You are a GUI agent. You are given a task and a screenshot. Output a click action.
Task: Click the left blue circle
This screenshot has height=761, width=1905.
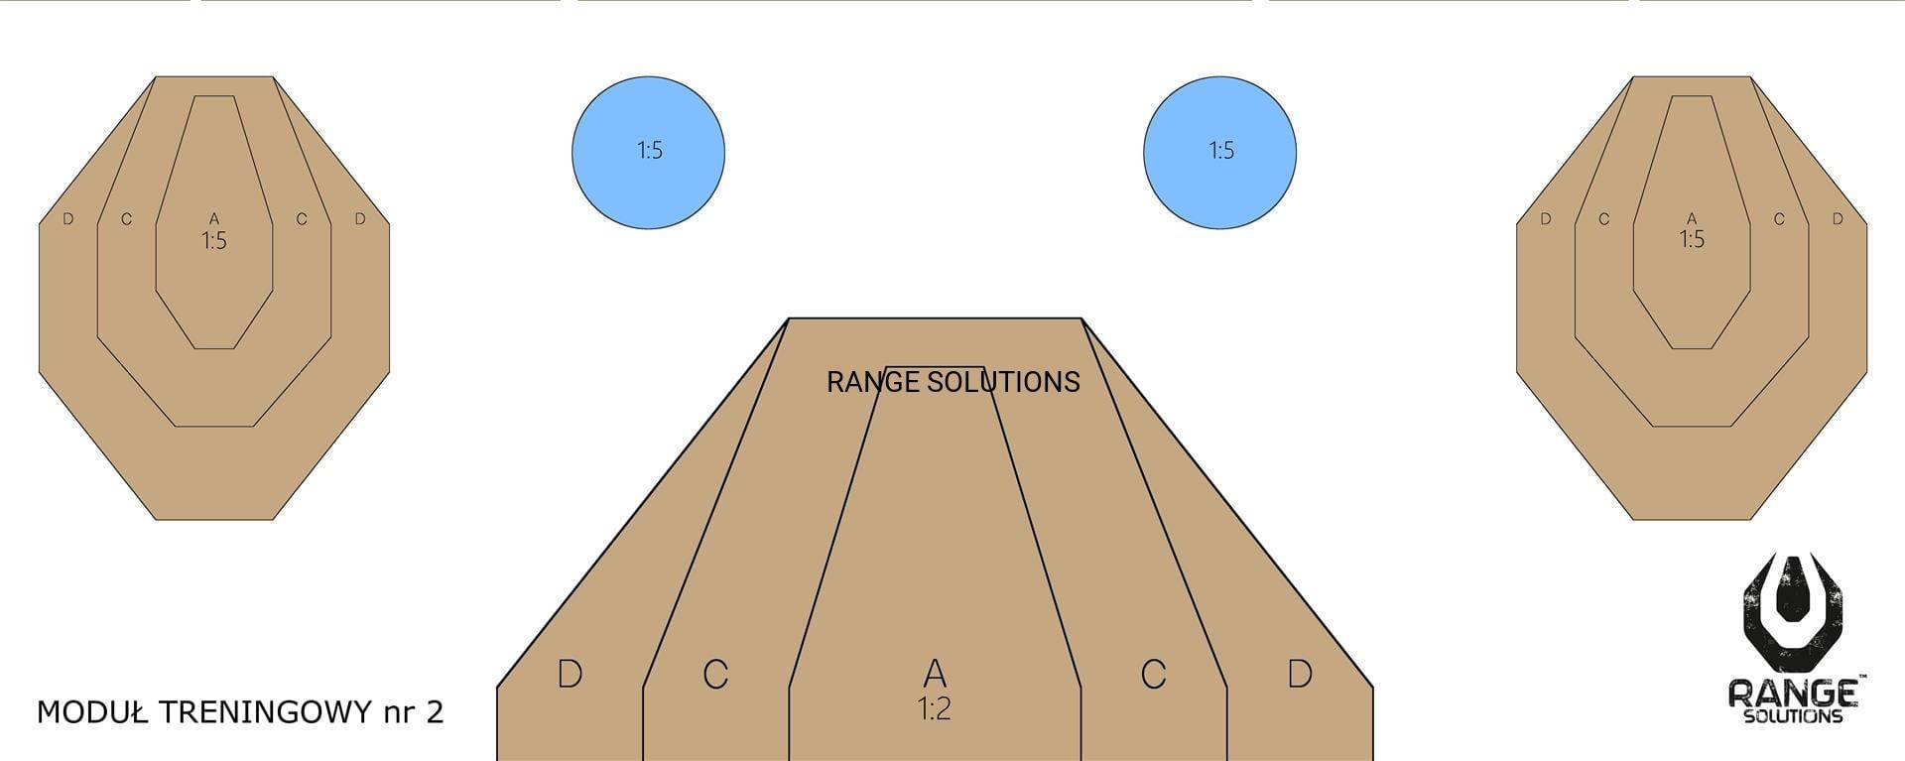pos(648,153)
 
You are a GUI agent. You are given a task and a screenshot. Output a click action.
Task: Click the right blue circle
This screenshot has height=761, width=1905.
pos(1219,153)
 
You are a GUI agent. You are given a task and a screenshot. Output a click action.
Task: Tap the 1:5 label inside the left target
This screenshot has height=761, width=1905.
pos(214,240)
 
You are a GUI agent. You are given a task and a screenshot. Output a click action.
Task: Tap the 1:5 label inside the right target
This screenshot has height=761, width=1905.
pos(1692,239)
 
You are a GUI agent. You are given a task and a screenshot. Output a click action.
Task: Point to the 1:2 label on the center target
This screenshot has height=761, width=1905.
pos(935,708)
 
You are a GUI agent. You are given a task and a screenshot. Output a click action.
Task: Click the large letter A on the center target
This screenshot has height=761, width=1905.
pos(935,674)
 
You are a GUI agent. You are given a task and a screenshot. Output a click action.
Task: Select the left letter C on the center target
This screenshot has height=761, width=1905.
pos(715,675)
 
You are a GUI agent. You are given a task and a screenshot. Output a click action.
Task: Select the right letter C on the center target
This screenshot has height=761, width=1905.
pos(1153,675)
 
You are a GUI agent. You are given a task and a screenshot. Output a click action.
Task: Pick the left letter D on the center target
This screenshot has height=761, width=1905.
pos(570,674)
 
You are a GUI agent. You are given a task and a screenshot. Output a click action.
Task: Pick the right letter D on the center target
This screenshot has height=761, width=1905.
pos(1300,674)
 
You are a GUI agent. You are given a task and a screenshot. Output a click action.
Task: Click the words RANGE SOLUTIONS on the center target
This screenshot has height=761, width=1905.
pos(952,382)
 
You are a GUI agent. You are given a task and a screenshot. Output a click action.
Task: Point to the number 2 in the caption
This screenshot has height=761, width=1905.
pos(435,711)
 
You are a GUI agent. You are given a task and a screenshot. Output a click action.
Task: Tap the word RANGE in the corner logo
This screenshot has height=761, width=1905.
pos(1794,693)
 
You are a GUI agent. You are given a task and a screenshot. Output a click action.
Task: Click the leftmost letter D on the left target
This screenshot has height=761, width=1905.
pos(67,218)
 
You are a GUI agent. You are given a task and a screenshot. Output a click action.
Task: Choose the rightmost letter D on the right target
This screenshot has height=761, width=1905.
pos(1838,218)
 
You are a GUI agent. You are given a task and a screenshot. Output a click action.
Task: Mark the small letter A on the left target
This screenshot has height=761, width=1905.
pos(214,218)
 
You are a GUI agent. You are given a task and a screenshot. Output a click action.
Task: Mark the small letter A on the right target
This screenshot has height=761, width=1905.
pos(1692,218)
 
